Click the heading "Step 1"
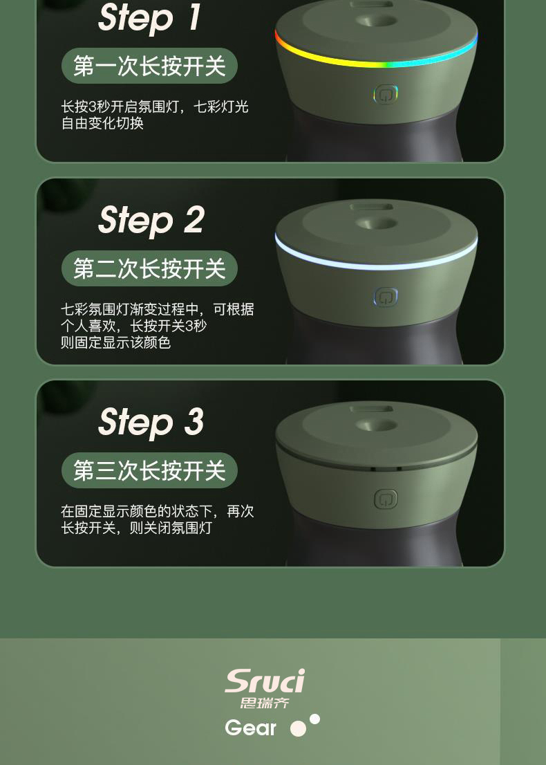pos(150,18)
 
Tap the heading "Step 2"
pos(151,221)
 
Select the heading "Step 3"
pos(151,423)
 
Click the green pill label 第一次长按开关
pos(149,66)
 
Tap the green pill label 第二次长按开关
pos(149,268)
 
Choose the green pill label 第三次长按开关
pos(149,470)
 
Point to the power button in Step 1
pos(386,95)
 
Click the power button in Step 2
pos(386,297)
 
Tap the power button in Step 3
pos(386,499)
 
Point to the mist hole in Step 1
pos(377,21)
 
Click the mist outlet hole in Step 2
pos(377,224)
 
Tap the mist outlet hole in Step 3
pos(377,426)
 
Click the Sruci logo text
pos(265,681)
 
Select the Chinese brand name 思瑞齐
pos(265,703)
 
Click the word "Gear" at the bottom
pos(251,728)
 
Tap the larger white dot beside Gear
pos(298,729)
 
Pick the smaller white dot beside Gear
pos(315,719)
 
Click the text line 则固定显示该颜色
pos(115,342)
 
